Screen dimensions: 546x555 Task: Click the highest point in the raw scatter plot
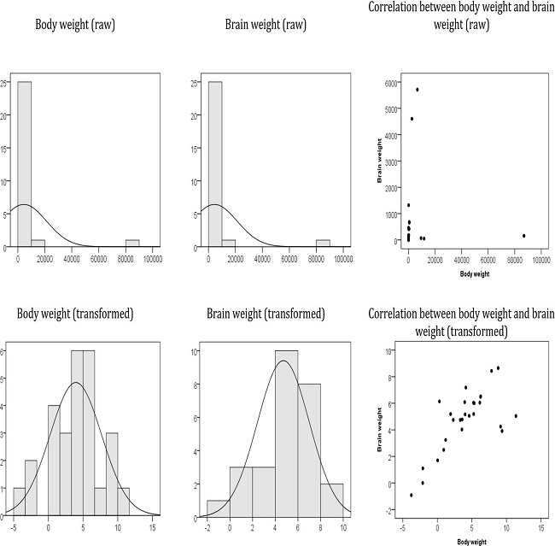[x=418, y=90]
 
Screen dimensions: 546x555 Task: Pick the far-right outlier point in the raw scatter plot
[x=523, y=236]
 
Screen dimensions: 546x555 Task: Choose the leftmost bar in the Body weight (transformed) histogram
[x=18, y=502]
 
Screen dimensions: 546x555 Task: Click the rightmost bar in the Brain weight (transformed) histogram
[x=331, y=500]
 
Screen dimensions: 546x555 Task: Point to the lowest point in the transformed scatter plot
[x=411, y=495]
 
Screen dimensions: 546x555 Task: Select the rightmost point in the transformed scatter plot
[x=516, y=416]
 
